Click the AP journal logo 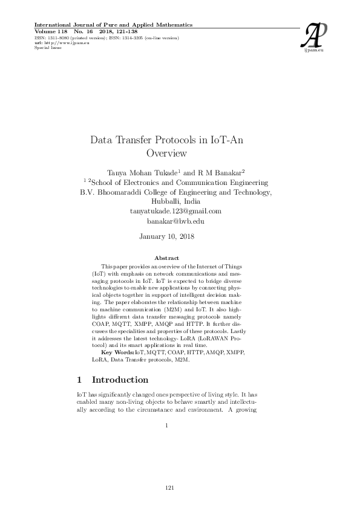(315, 36)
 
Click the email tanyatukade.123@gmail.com (175, 211)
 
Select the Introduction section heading (119, 380)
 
